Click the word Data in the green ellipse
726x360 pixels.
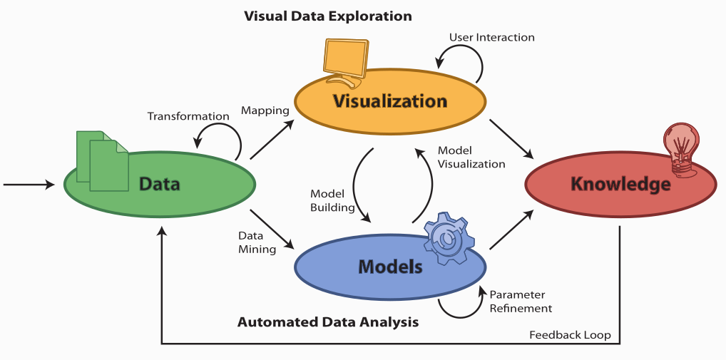(x=159, y=185)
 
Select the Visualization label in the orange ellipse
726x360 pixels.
(x=389, y=101)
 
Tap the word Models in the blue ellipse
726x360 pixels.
(x=390, y=267)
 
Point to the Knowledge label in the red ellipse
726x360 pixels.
(x=620, y=184)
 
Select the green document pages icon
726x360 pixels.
(x=101, y=160)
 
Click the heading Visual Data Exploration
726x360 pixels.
(x=328, y=16)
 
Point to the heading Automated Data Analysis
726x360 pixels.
(x=328, y=322)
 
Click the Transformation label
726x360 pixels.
(x=188, y=116)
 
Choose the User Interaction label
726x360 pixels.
(x=491, y=37)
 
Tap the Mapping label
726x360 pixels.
(x=265, y=110)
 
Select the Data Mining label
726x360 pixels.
(x=257, y=241)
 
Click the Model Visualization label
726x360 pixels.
(x=471, y=157)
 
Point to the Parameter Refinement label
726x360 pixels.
(x=521, y=302)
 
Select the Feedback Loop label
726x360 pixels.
(x=570, y=335)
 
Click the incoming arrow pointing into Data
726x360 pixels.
(x=29, y=185)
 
